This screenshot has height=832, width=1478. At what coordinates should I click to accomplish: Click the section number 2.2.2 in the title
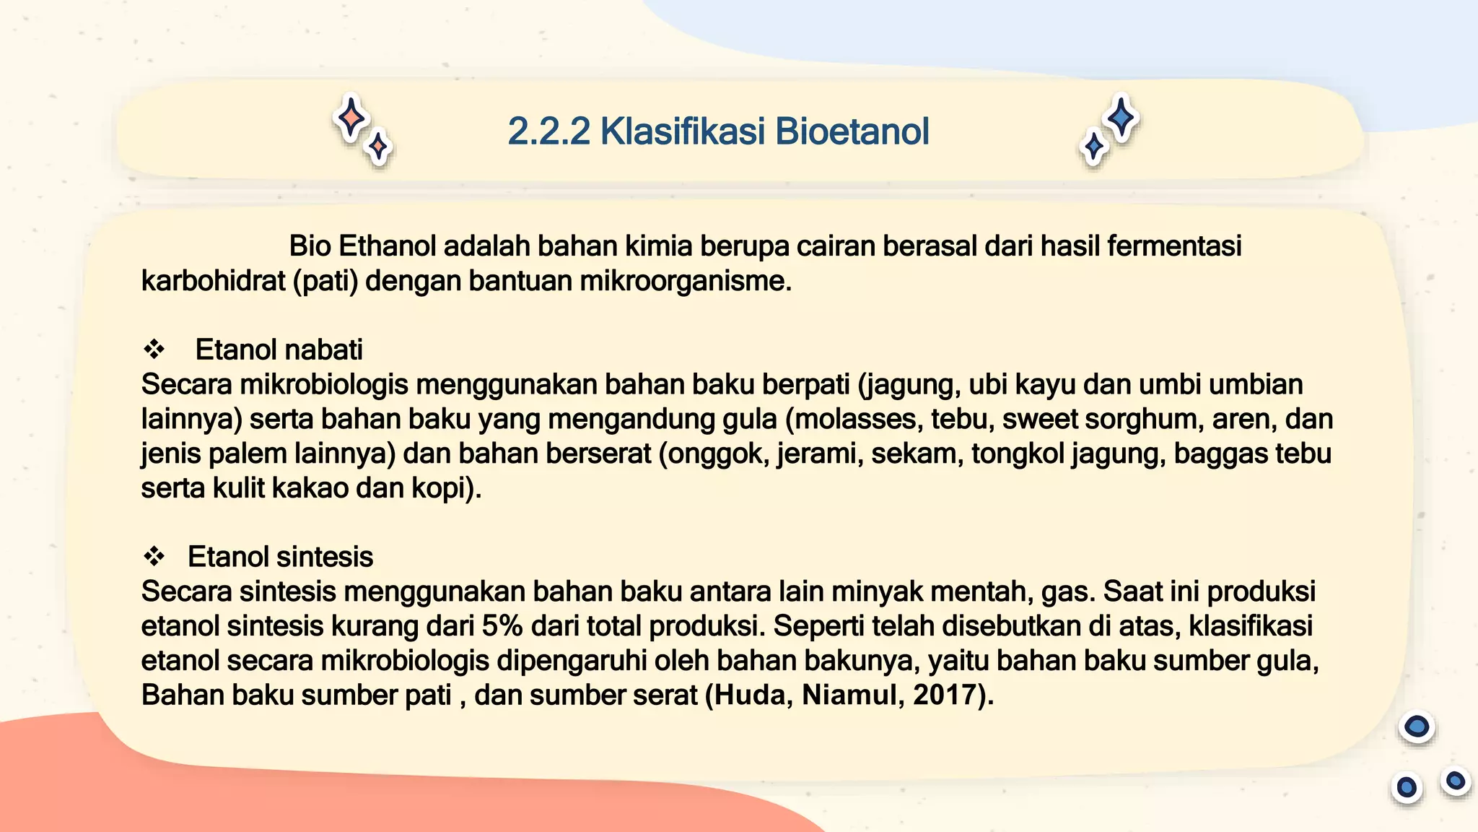[x=548, y=131]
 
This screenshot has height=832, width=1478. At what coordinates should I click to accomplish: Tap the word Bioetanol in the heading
[x=852, y=131]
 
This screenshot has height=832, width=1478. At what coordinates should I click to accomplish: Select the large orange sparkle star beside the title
[x=351, y=117]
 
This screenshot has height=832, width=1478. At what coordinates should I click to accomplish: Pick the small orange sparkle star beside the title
[x=378, y=147]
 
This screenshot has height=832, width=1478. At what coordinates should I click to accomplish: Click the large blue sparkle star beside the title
[x=1121, y=117]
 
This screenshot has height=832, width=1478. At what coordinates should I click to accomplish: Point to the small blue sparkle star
[x=1094, y=147]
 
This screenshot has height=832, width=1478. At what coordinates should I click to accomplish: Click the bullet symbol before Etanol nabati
[x=154, y=350]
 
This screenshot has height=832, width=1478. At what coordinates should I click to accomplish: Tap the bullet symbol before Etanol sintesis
[x=154, y=557]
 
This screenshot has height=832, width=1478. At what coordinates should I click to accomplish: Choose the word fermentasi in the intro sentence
[x=1174, y=246]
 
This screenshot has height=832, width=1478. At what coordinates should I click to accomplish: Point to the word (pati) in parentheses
[x=325, y=281]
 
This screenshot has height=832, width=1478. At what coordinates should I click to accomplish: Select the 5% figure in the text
[x=502, y=626]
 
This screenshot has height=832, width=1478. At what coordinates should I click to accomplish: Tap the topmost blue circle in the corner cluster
[x=1417, y=727]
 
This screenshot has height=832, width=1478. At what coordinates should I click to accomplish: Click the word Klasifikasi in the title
[x=683, y=131]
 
